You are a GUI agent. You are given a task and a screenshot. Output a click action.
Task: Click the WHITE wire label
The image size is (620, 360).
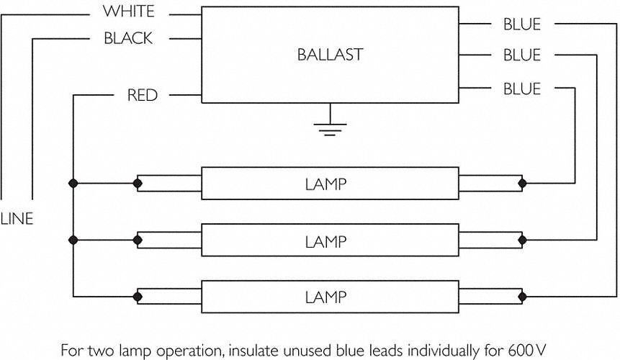pyautogui.click(x=128, y=11)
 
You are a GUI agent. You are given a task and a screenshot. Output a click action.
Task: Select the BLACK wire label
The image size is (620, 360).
pyautogui.click(x=128, y=38)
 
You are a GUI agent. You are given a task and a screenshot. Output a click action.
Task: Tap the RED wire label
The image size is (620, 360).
pyautogui.click(x=143, y=95)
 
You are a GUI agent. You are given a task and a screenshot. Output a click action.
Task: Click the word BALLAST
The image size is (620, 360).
pyautogui.click(x=330, y=55)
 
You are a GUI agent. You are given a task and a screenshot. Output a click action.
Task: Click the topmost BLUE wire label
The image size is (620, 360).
pyautogui.click(x=522, y=24)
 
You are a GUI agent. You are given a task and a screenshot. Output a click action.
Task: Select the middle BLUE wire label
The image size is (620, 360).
pyautogui.click(x=522, y=55)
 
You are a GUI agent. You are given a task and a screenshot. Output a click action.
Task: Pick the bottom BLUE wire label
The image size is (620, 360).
pyautogui.click(x=522, y=89)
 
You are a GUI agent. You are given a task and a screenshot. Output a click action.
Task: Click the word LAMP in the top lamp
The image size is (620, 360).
pyautogui.click(x=325, y=184)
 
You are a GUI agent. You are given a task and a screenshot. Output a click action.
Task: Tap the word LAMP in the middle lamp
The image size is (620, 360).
pyautogui.click(x=325, y=241)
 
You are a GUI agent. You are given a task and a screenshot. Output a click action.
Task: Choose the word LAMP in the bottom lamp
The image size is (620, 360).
pyautogui.click(x=325, y=297)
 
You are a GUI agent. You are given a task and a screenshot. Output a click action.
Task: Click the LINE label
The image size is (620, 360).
pyautogui.click(x=17, y=219)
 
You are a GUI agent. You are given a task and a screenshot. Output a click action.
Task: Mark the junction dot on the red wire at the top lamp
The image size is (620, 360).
pyautogui.click(x=73, y=184)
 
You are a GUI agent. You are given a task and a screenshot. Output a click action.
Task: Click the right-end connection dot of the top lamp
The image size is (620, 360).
pyautogui.click(x=522, y=184)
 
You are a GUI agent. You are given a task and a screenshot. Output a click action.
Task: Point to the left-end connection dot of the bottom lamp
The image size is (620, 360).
pyautogui.click(x=138, y=297)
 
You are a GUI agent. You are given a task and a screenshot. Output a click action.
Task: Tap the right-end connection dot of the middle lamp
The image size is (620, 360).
pyautogui.click(x=522, y=240)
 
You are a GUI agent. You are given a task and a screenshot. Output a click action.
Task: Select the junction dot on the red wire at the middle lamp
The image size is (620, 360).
pyautogui.click(x=73, y=240)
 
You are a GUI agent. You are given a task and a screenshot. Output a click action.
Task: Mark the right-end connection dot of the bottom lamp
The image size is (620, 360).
pyautogui.click(x=522, y=297)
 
